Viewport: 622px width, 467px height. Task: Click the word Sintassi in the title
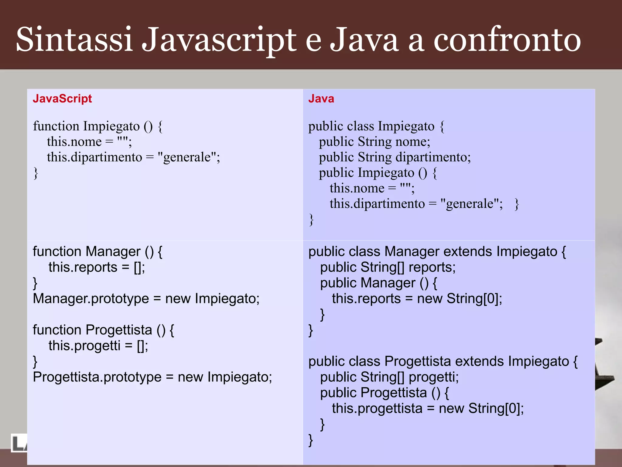74,40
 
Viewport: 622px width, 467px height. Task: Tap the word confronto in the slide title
507,40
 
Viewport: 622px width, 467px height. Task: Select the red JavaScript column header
62,99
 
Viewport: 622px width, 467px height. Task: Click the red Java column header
321,99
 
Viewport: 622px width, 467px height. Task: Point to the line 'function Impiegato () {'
98,126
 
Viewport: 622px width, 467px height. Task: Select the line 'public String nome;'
374,142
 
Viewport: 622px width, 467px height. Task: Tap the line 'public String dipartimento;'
395,157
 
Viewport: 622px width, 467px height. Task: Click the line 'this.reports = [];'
97,267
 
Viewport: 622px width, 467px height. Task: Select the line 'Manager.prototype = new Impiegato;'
146,299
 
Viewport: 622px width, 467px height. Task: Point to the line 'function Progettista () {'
104,330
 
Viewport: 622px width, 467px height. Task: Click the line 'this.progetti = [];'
98,346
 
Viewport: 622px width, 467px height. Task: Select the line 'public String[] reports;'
388,267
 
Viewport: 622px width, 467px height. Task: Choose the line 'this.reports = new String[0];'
417,299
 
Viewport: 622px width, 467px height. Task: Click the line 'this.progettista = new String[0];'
428,408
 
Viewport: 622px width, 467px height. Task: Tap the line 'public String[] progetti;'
389,377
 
